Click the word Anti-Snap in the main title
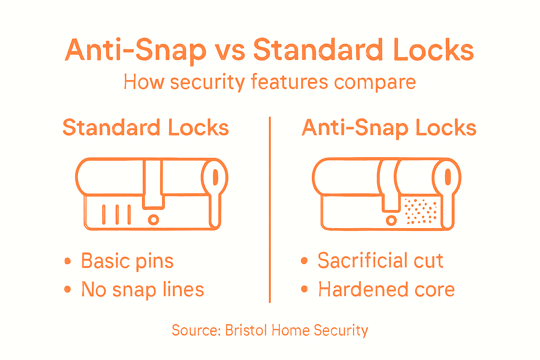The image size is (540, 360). [135, 50]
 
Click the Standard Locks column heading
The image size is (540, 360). [146, 128]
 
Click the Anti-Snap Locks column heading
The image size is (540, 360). [389, 128]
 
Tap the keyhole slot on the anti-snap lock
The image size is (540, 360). [448, 177]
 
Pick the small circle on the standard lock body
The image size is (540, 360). [153, 220]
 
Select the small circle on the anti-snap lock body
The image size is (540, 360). [391, 221]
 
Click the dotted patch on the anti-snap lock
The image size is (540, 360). [421, 211]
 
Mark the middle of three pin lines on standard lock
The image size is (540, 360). [117, 214]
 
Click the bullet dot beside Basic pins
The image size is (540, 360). [67, 261]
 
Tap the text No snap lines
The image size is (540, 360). [143, 290]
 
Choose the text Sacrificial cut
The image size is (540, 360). [380, 261]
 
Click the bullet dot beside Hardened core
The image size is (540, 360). [304, 289]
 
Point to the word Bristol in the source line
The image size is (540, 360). [247, 330]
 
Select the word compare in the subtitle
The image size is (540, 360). [375, 83]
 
